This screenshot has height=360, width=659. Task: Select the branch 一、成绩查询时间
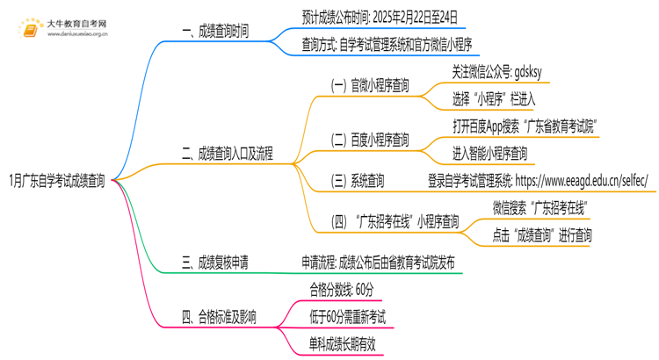pos(215,32)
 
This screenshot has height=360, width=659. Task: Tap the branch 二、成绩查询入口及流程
pos(228,154)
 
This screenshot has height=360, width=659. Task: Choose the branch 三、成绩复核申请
pos(215,262)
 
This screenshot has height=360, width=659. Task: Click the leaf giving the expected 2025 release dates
pos(379,17)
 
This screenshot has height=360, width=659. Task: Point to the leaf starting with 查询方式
pos(387,44)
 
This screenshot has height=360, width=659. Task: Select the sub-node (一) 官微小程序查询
pos(369,86)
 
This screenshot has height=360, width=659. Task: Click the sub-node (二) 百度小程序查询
pos(369,140)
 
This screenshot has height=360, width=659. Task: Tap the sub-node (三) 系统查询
pos(357,182)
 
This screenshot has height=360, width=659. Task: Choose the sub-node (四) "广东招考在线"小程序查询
pos(395,221)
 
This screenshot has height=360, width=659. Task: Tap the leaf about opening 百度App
pos(523,126)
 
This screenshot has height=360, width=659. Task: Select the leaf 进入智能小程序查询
pos(490,154)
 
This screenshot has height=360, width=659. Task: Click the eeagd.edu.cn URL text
pos(582,182)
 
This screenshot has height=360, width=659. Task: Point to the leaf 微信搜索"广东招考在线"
pos(540,208)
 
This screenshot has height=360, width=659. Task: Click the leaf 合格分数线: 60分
pos(341,289)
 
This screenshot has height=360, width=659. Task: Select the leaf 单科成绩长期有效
pos(342,343)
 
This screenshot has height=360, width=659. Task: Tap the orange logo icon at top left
pos(31,29)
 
